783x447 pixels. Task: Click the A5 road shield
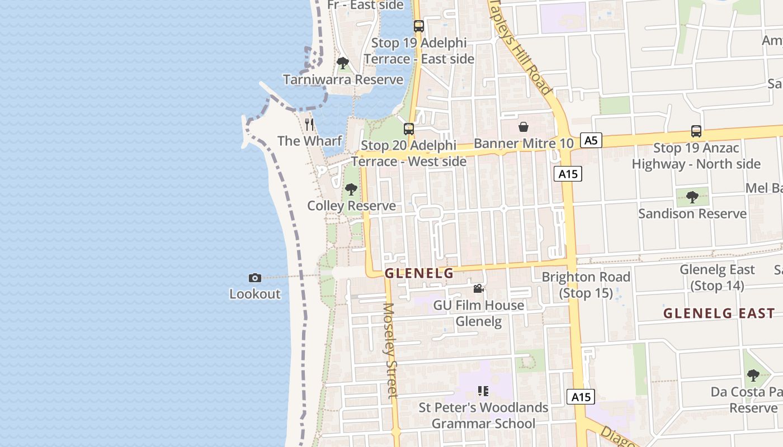click(x=591, y=140)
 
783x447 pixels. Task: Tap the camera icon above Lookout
click(x=254, y=278)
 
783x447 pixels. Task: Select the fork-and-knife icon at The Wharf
click(x=309, y=124)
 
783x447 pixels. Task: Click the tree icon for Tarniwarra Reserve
click(x=343, y=63)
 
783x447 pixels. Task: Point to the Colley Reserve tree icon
click(x=351, y=189)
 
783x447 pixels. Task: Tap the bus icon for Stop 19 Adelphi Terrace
click(x=418, y=26)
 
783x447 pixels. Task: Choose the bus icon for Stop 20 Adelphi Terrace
click(x=409, y=129)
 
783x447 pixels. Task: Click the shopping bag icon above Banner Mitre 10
click(x=523, y=127)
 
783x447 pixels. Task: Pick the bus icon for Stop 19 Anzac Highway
click(x=696, y=131)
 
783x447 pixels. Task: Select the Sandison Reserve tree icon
click(x=692, y=197)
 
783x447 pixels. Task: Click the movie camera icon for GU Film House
click(x=478, y=288)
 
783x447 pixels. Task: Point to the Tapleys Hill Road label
click(x=521, y=47)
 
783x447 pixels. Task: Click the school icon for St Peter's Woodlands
click(x=483, y=391)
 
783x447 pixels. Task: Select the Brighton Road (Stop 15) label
click(x=586, y=284)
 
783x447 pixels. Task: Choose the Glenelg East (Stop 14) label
click(x=717, y=278)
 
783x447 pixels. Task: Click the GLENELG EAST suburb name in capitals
click(x=719, y=313)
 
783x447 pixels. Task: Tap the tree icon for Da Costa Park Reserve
click(x=753, y=375)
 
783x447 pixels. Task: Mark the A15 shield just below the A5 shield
click(x=568, y=174)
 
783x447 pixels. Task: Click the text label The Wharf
click(x=309, y=141)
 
